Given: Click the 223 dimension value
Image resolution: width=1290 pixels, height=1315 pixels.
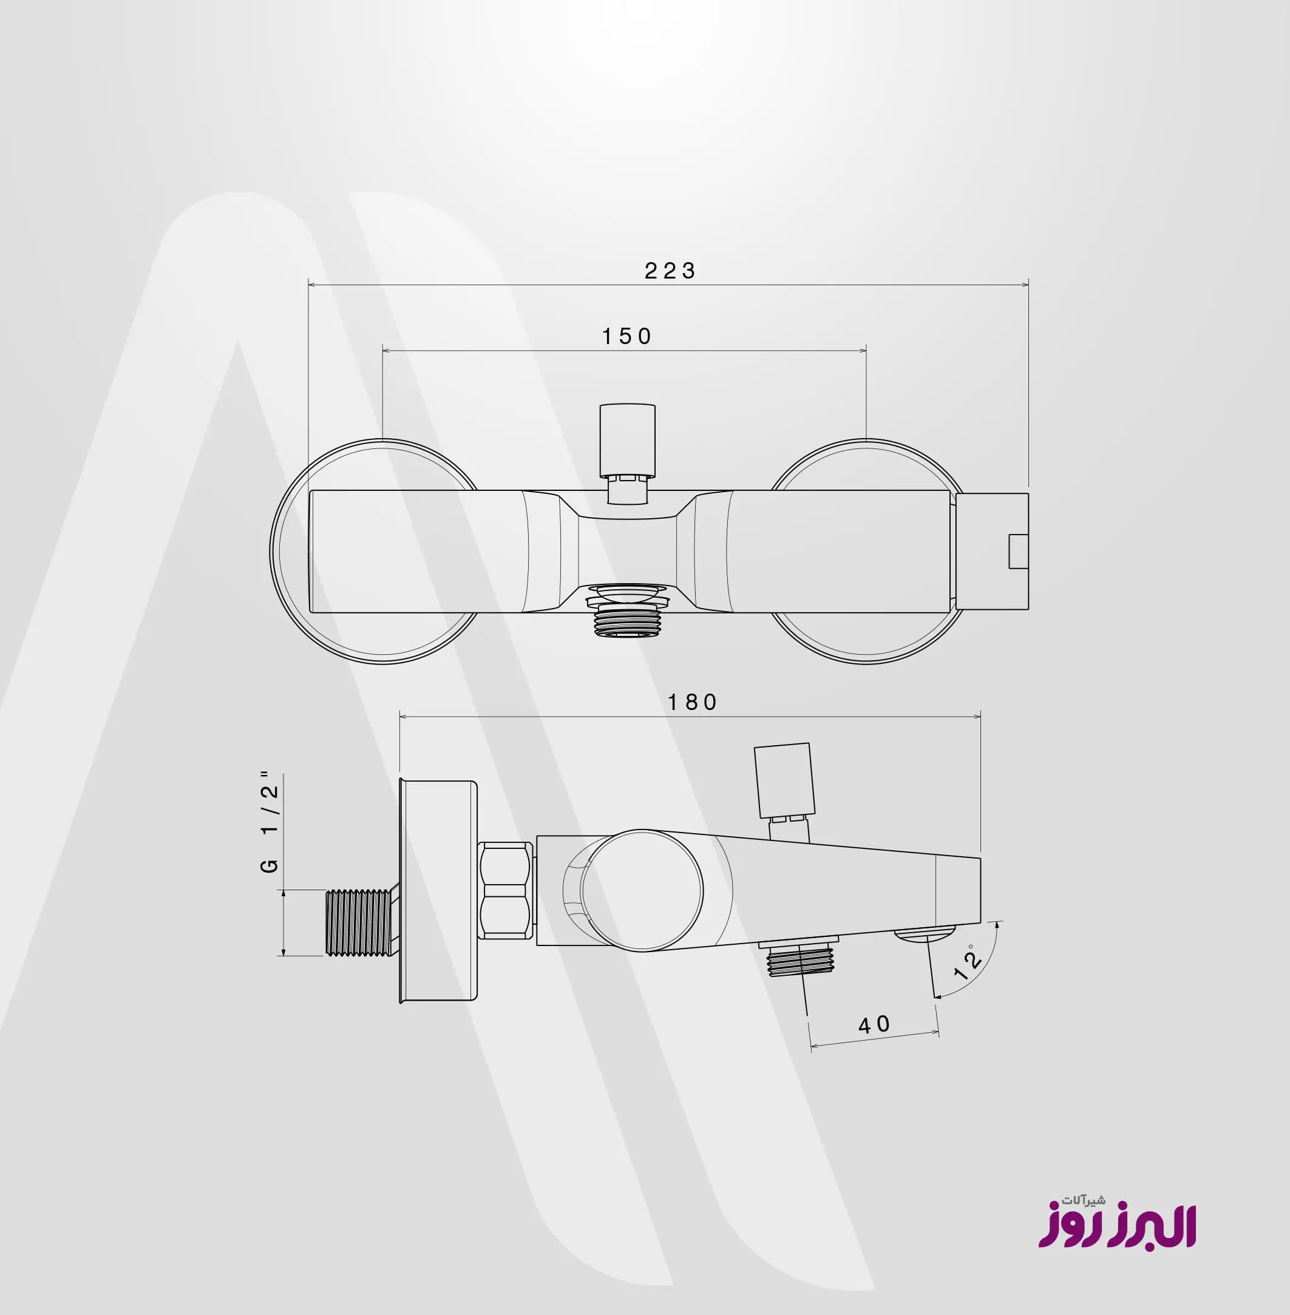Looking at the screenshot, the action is point(670,271).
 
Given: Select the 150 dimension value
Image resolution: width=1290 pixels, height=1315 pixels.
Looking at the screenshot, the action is point(626,337).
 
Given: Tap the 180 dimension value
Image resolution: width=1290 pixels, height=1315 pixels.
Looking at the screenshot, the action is point(693,702).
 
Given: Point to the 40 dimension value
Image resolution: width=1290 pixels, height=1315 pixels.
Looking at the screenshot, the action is point(875,1024).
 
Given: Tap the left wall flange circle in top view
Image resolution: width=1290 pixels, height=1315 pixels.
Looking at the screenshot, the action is point(272,552).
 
